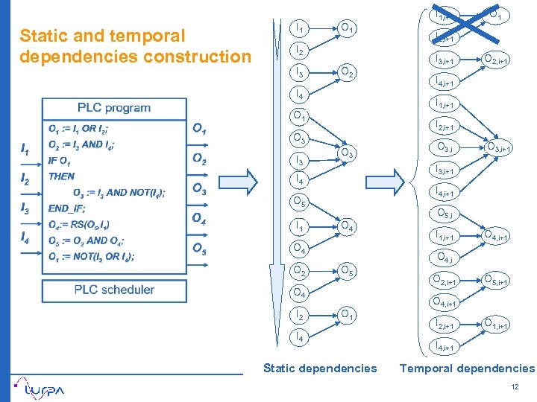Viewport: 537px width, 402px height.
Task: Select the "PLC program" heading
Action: (114, 108)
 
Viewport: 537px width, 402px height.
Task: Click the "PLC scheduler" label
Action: (114, 290)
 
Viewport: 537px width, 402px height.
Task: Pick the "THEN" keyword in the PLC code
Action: (61, 176)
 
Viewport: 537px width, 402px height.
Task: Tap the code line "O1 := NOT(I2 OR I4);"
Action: (91, 257)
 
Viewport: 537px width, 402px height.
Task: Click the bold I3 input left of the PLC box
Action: (25, 208)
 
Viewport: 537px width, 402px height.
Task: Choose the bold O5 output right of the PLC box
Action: (199, 249)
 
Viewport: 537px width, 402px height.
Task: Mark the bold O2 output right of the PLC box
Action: (199, 159)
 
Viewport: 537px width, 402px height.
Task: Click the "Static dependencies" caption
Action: (320, 368)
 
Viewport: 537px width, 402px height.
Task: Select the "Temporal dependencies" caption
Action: (467, 368)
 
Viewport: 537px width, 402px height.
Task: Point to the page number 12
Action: (514, 387)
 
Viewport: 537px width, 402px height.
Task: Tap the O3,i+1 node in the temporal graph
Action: (497, 148)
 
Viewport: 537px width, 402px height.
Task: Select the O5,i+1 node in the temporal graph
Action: (497, 281)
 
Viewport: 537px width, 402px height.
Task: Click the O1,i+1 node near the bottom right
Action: (497, 323)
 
